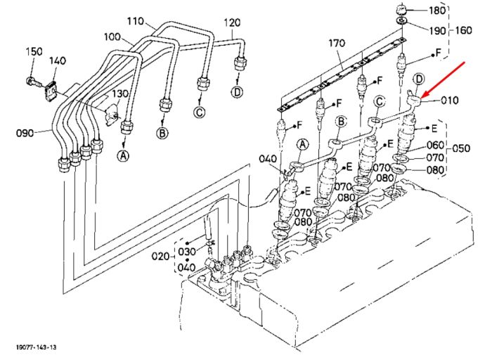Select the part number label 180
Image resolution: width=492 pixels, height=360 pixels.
tap(437, 11)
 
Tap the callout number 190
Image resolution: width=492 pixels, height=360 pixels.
tap(437, 30)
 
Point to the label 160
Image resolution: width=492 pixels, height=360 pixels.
tap(463, 30)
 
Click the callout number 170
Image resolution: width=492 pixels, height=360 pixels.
tap(337, 43)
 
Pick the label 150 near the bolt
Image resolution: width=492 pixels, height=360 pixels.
tap(34, 51)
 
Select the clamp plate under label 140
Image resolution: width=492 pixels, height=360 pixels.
tap(51, 91)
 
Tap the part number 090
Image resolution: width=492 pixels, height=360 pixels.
tap(25, 133)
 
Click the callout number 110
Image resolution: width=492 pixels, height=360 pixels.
tap(136, 21)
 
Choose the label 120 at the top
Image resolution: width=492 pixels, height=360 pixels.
tap(232, 22)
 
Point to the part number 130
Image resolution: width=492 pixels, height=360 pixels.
tap(120, 94)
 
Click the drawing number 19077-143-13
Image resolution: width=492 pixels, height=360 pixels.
tap(37, 347)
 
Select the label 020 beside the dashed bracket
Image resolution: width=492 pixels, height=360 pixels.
tap(160, 257)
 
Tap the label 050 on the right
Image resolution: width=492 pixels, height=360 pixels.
tap(461, 148)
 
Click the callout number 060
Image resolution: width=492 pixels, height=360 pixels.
tap(436, 145)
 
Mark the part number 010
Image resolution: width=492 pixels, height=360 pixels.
tap(450, 100)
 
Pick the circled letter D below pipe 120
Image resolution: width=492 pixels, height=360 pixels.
tap(238, 92)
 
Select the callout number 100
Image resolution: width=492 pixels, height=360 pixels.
tap(112, 37)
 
